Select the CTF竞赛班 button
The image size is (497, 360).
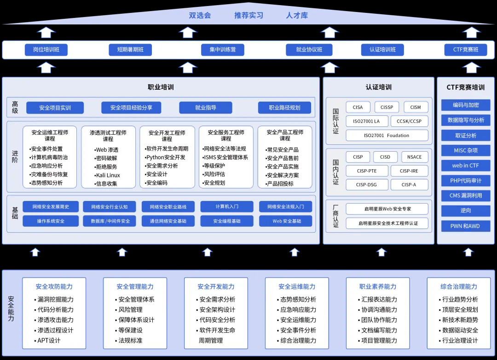(466, 50)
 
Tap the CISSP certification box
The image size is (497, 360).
(387, 107)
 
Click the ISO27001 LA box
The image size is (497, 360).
(366, 121)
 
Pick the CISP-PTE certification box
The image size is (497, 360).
(366, 171)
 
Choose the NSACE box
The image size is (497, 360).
(414, 157)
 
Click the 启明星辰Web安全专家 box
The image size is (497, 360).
(387, 209)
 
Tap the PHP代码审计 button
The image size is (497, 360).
(466, 180)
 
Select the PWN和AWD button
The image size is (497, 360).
(466, 226)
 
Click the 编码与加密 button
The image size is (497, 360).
(466, 105)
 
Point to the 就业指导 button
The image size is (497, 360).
(206, 108)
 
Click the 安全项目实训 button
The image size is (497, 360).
(55, 108)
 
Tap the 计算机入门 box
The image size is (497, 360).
(227, 207)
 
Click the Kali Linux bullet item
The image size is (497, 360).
(108, 175)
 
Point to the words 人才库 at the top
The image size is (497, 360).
(297, 15)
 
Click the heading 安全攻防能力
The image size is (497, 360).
(54, 286)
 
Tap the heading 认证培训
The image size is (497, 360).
(379, 87)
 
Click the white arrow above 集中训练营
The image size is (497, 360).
(188, 32)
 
